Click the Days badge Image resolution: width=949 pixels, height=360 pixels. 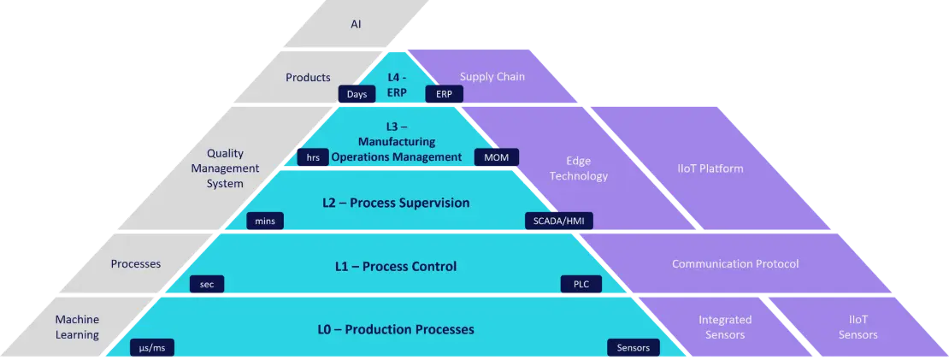(x=357, y=94)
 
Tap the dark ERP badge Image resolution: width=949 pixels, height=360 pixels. (x=444, y=94)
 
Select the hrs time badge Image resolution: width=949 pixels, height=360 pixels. (x=313, y=157)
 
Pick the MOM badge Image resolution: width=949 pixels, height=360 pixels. (x=496, y=157)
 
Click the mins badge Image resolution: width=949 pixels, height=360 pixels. (x=264, y=221)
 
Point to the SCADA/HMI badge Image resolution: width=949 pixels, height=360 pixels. (x=558, y=221)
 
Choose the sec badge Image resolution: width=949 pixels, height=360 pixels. (x=207, y=284)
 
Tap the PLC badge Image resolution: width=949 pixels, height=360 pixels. (x=581, y=284)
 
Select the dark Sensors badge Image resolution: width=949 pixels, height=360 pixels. (x=634, y=347)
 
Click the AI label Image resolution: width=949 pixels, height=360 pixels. (x=356, y=24)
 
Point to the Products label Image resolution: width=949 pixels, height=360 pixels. (x=308, y=77)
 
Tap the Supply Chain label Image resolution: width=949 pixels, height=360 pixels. (x=492, y=77)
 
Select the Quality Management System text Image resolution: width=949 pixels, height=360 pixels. (x=225, y=168)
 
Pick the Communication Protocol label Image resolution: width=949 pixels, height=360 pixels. (x=735, y=264)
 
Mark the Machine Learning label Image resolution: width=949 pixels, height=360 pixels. (x=77, y=327)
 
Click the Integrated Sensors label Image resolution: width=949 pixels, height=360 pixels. (x=725, y=327)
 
